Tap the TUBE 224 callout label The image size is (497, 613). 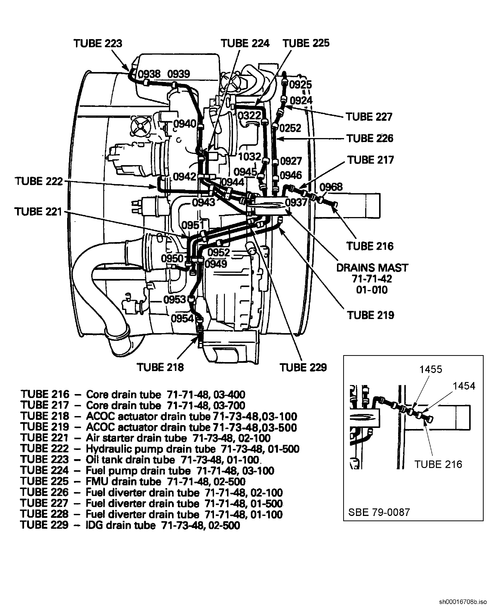[x=245, y=43]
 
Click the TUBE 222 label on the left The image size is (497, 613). [x=39, y=181]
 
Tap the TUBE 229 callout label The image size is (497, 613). [x=303, y=367]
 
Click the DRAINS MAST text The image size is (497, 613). [x=372, y=268]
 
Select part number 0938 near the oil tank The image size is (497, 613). [x=149, y=74]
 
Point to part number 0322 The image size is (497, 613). [x=249, y=115]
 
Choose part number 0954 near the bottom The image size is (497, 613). [x=182, y=318]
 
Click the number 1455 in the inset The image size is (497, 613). [x=431, y=369]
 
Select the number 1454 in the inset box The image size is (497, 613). [x=464, y=386]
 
